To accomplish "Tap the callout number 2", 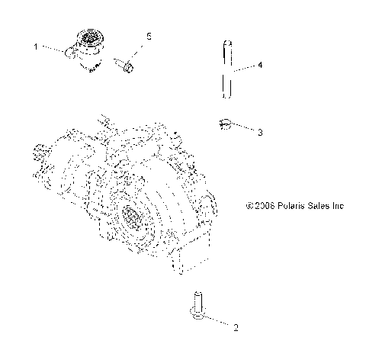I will (236, 329).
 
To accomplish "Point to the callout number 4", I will (260, 66).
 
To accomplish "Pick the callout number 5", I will (149, 36).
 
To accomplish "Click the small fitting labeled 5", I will (127, 68).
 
